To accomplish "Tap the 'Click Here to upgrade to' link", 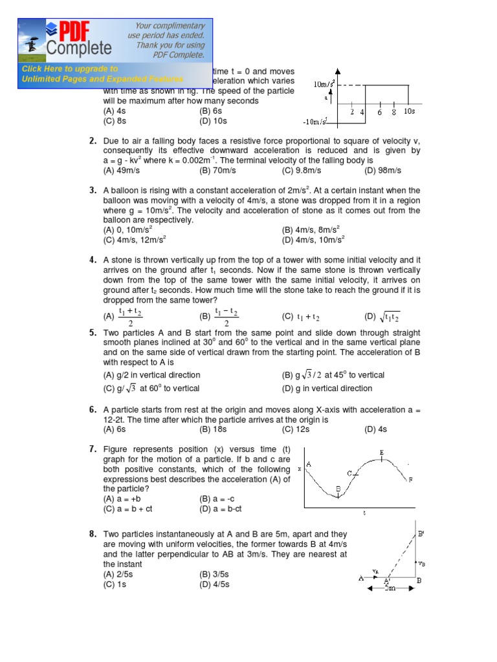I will (x=70, y=69).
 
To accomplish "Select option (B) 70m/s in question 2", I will (x=217, y=170).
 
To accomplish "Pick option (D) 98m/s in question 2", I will (x=383, y=170).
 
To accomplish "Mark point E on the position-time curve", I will (x=382, y=452).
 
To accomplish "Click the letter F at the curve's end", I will (x=410, y=480).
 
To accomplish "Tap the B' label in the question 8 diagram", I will (x=421, y=533).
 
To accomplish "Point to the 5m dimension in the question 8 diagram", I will (x=390, y=588).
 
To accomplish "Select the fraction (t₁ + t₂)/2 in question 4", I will (x=129, y=317).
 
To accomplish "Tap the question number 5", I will (x=93, y=332).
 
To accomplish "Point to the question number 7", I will (x=93, y=449).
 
